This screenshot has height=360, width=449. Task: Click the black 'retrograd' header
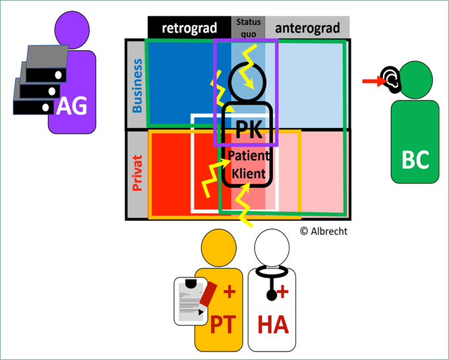point(189,27)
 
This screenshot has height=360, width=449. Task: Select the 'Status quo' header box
point(249,27)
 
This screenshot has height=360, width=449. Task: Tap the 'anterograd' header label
point(307,27)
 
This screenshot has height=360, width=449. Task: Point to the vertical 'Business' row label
point(137,86)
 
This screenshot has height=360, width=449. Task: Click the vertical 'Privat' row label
point(137,173)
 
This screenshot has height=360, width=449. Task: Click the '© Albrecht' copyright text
point(324,231)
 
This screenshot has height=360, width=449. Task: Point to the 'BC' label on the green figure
point(415,159)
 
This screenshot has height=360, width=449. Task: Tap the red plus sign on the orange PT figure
point(230,291)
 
